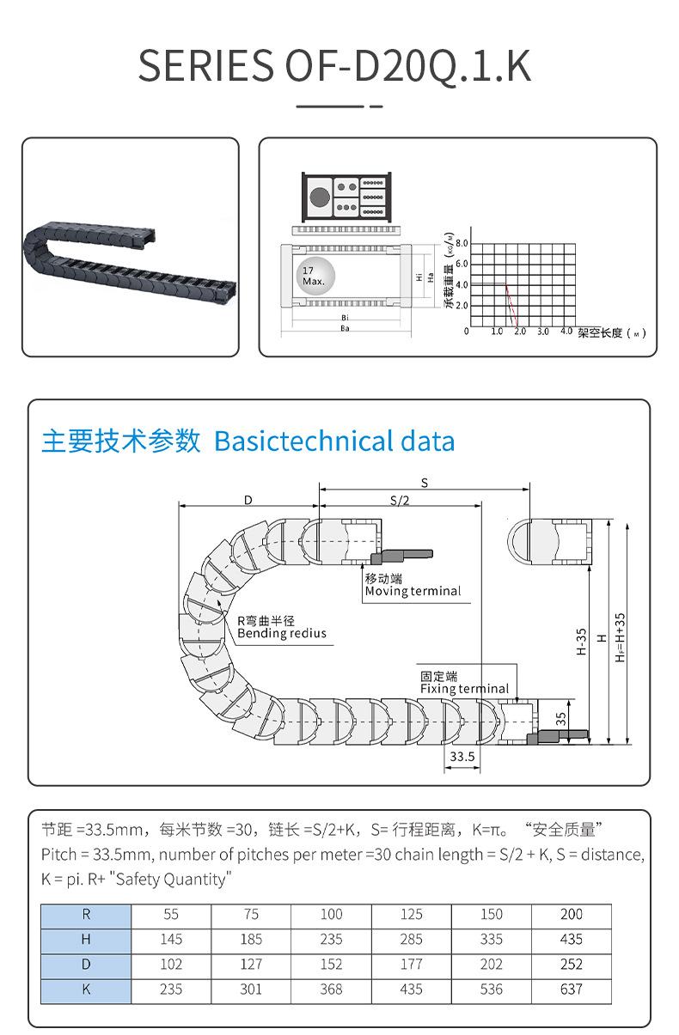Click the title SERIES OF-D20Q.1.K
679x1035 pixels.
point(334,67)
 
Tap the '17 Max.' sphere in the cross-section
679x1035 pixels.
point(313,276)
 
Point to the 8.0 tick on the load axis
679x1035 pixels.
point(462,243)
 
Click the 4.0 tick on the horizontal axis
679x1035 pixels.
point(566,332)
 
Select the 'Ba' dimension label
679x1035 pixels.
point(345,328)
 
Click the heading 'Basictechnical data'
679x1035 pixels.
point(334,441)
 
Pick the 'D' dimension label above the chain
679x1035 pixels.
point(248,499)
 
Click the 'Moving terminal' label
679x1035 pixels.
point(413,591)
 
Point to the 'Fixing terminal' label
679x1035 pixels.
point(464,689)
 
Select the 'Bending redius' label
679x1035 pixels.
point(282,634)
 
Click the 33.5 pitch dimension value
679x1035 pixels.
point(462,757)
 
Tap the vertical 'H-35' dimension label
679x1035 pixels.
point(582,641)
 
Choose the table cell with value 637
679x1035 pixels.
point(571,989)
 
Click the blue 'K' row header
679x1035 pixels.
point(86,989)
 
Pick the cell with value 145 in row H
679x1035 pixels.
point(171,940)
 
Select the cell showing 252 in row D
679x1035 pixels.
point(571,965)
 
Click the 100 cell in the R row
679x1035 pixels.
point(331,915)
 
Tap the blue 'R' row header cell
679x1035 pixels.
point(86,915)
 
